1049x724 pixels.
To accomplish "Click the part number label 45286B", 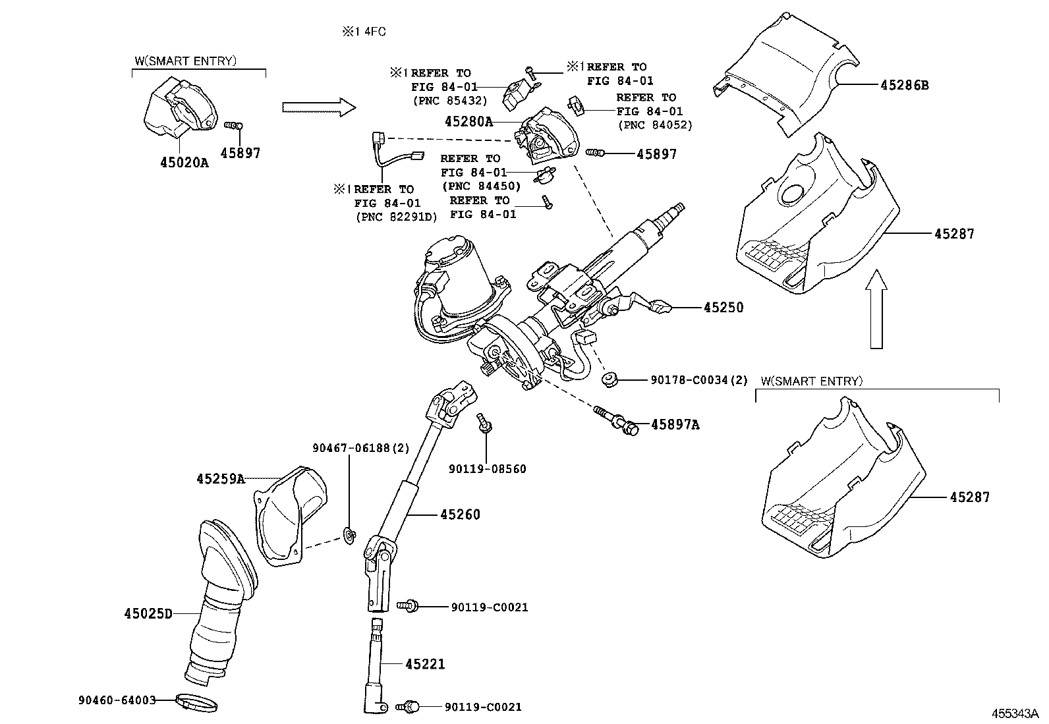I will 905,85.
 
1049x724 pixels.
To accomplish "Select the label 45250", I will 723,308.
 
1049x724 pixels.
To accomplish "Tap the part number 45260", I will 460,515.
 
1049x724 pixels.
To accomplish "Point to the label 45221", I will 425,665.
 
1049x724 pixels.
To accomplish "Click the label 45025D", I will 148,614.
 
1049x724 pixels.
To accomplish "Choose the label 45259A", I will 220,479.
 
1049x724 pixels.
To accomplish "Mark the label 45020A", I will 184,162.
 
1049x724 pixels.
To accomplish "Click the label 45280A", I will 468,121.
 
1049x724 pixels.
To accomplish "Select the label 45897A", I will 675,425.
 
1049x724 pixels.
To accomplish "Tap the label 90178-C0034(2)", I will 699,380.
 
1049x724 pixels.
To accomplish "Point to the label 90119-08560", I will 487,469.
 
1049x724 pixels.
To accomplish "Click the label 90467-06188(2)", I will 360,448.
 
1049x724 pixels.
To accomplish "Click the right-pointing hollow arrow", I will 318,108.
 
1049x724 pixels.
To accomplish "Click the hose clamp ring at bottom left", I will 196,703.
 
